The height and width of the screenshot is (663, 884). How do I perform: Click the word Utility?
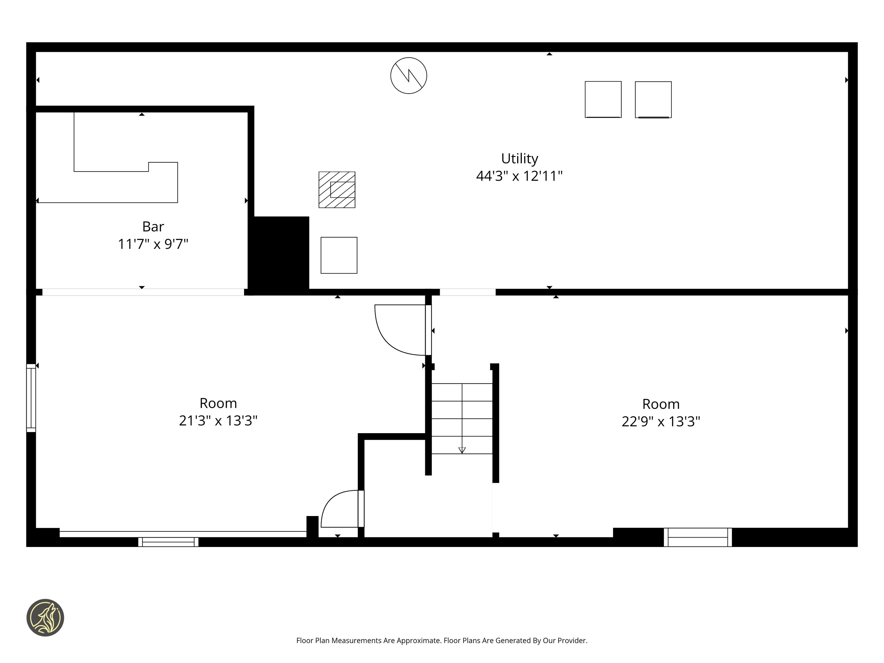coord(520,159)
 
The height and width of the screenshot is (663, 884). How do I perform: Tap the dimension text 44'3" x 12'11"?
coord(519,176)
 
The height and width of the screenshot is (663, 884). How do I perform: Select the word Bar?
coord(153,227)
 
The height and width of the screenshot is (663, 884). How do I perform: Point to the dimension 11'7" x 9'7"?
coord(153,244)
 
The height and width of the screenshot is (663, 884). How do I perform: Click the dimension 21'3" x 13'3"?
coord(218,420)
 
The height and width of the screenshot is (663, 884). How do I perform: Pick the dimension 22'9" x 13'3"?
coord(661,421)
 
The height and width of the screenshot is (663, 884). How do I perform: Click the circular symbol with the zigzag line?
coord(408,75)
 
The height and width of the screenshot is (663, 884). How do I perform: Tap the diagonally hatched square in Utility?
coord(337,190)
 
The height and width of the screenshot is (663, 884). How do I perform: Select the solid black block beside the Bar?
coord(279,252)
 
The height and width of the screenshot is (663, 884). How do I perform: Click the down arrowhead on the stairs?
coord(462,450)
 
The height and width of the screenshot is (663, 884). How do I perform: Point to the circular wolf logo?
coord(45,617)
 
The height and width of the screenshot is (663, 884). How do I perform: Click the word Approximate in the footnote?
coord(419,641)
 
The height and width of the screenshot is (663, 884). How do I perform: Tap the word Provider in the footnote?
coord(572,641)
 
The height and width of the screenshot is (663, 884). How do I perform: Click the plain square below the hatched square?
coord(339,255)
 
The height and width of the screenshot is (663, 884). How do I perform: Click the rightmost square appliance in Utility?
coord(653,99)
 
